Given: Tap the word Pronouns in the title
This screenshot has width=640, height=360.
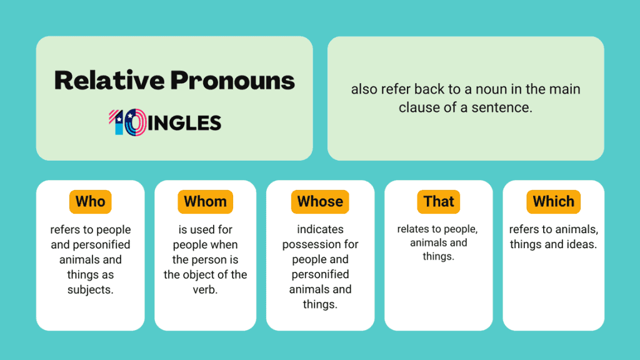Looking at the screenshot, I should [x=232, y=80].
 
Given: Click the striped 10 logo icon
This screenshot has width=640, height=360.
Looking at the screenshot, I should [x=127, y=122].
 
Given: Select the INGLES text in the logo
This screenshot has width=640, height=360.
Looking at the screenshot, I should [x=185, y=123].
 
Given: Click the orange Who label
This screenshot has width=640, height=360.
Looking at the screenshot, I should [x=90, y=202].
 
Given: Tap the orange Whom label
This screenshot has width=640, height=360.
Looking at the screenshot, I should [x=205, y=202].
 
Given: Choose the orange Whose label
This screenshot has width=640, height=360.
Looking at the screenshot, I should [x=320, y=202].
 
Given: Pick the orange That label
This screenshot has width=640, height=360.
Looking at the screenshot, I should [x=439, y=202].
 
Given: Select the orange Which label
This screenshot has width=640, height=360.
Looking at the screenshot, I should [x=553, y=202].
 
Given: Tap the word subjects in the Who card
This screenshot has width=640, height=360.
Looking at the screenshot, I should [x=90, y=290].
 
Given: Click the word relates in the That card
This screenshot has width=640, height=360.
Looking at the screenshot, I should [x=414, y=229].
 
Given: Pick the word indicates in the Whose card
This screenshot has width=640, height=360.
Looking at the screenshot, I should [x=320, y=229].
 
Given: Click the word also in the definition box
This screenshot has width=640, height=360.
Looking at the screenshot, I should [x=363, y=89].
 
